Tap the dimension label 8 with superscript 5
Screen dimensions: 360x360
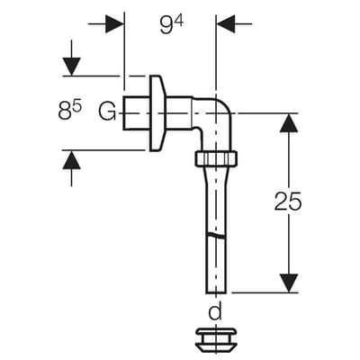[69, 111]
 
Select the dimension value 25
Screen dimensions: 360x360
[288, 201]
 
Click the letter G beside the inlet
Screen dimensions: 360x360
[107, 112]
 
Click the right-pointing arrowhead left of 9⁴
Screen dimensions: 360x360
[114, 23]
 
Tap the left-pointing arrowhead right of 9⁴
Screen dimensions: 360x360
[226, 23]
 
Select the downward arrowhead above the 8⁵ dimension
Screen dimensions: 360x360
[71, 67]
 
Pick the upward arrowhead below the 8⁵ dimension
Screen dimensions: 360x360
[71, 159]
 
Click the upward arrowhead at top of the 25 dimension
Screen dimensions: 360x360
[289, 122]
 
